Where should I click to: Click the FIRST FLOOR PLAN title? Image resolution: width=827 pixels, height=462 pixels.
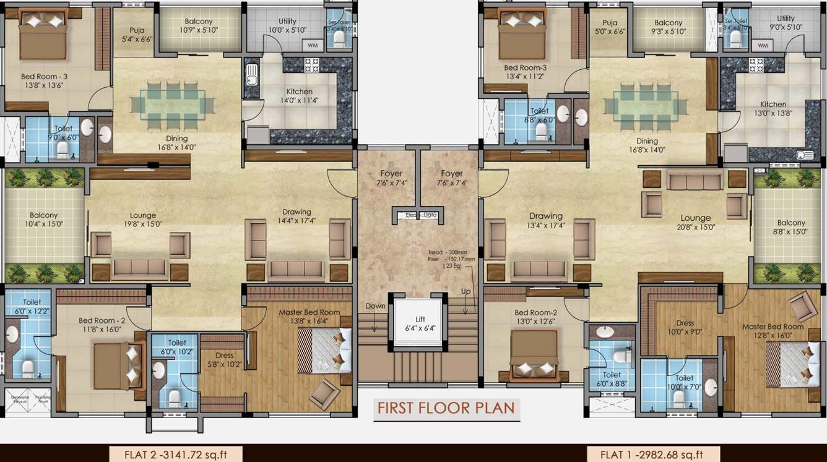[x=446, y=409]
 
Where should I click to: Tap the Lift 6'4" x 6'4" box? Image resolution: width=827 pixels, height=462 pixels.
[x=420, y=323]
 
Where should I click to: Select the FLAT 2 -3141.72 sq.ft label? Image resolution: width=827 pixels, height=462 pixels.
[x=176, y=455]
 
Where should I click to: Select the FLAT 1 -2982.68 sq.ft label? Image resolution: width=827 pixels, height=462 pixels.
[x=652, y=455]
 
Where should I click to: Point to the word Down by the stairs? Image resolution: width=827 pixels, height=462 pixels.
[x=375, y=306]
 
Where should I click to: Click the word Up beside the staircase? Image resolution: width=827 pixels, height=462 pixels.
[x=465, y=291]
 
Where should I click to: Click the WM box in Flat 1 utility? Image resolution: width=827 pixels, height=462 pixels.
[x=762, y=45]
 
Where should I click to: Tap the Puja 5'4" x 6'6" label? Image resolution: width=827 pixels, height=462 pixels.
[x=137, y=34]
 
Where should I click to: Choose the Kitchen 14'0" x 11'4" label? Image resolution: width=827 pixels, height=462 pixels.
[x=299, y=96]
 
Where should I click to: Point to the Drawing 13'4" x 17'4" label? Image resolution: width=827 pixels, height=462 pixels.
[x=546, y=221]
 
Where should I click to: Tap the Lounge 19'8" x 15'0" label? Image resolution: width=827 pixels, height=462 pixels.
[x=142, y=220]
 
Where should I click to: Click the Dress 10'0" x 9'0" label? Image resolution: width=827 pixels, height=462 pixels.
[x=685, y=327]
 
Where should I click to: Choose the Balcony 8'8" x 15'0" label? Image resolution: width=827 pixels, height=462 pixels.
[x=791, y=227]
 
